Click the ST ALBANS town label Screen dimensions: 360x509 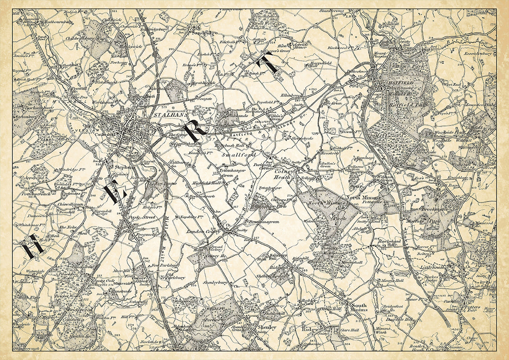[171, 115]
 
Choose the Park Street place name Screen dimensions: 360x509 [141, 218]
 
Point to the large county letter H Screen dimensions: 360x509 [33, 246]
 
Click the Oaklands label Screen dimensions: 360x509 [239, 115]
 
